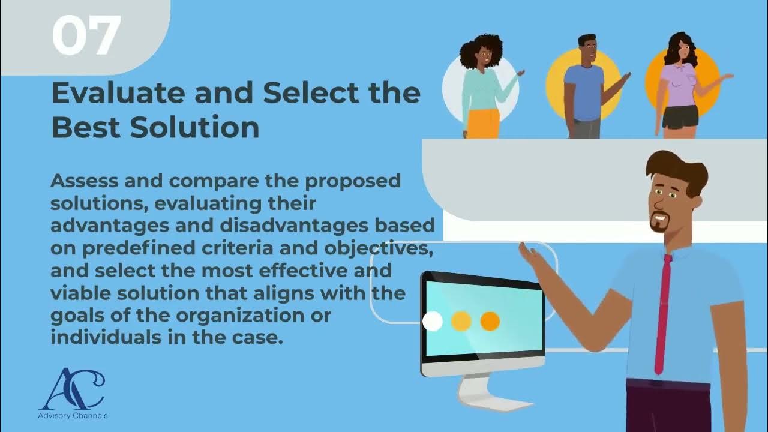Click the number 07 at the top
click(86, 36)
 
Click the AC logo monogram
click(72, 389)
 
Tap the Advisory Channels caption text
click(73, 415)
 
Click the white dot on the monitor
click(433, 322)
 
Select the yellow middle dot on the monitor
click(461, 322)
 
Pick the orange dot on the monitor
click(490, 322)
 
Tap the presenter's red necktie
click(662, 312)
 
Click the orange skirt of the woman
click(483, 123)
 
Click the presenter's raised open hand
click(530, 255)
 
